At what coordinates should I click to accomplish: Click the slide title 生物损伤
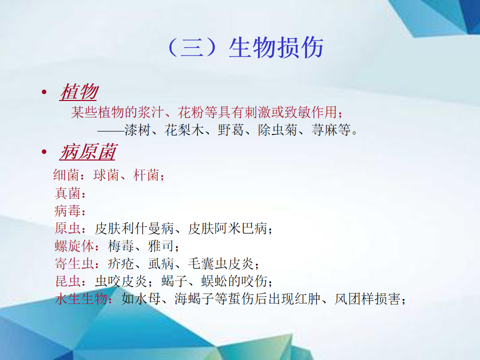pos(276,48)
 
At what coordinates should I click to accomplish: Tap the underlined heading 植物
pos(79,92)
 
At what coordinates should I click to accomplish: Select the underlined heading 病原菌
pos(88,152)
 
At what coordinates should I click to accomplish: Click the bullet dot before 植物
pos(44,91)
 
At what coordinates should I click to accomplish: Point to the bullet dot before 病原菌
pos(44,151)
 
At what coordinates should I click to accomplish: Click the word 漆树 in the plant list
pos(137,130)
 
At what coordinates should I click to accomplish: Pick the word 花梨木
pos(184,130)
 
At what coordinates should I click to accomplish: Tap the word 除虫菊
pos(277,130)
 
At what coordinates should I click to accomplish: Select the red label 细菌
pos(66,175)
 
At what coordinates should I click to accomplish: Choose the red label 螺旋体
pos(74,246)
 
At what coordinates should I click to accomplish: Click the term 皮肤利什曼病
pos(134,228)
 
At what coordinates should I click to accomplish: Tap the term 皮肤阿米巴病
pos(228,228)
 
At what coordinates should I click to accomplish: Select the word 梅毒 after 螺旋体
pos(121,246)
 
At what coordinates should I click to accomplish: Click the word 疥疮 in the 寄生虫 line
pos(121,264)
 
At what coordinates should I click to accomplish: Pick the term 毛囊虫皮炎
pos(221,264)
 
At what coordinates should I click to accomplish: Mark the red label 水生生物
pos(81,299)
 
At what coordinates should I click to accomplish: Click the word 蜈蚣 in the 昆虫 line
pos(214,281)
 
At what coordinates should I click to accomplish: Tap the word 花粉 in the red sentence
pos(191,112)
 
